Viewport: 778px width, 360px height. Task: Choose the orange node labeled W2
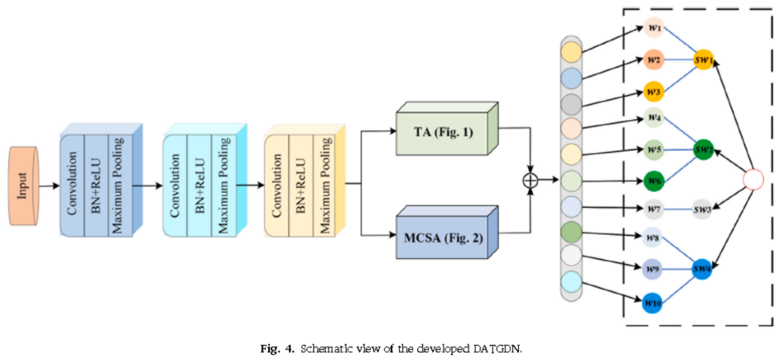click(x=654, y=60)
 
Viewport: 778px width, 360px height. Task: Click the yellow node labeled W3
click(x=654, y=90)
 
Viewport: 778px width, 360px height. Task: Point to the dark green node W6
click(x=654, y=181)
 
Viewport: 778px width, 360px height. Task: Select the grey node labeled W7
click(x=654, y=211)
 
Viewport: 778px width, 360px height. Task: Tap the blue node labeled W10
click(x=654, y=302)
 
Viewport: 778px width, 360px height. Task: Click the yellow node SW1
click(x=704, y=60)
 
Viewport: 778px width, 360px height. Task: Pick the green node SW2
click(x=704, y=151)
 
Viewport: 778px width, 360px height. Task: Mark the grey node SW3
click(x=704, y=211)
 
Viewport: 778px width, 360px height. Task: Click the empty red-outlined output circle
click(x=753, y=180)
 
